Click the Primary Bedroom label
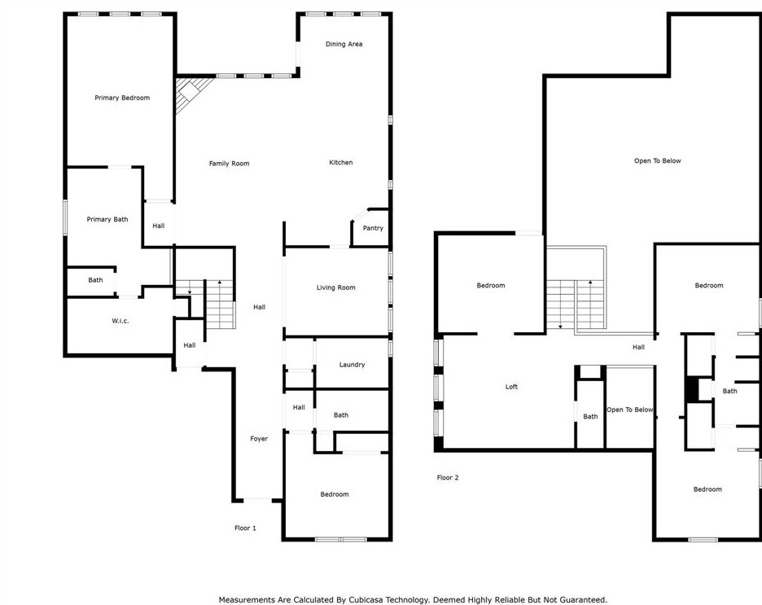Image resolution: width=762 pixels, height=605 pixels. point(122,98)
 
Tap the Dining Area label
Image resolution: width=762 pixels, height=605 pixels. point(344,44)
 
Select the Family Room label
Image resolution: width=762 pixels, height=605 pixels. point(229,164)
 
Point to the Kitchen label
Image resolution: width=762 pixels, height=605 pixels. point(340,163)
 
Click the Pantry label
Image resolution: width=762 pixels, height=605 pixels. point(373,229)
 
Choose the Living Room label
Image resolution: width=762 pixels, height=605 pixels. point(335,287)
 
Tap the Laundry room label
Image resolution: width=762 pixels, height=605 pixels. point(352,365)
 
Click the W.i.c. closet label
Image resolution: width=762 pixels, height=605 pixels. point(120,321)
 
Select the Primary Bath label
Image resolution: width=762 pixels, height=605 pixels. point(107,219)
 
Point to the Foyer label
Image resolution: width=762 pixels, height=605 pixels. point(259,439)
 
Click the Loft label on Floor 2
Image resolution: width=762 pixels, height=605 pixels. point(511,387)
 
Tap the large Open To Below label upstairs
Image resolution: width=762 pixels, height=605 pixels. point(657,161)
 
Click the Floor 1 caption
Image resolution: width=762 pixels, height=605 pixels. point(245,528)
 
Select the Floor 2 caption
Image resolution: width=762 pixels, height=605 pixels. point(448,478)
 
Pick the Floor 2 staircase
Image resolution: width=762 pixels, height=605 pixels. point(576,304)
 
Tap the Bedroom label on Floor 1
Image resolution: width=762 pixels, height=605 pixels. point(334,494)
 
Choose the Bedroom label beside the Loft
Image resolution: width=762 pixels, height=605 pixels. point(490,286)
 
